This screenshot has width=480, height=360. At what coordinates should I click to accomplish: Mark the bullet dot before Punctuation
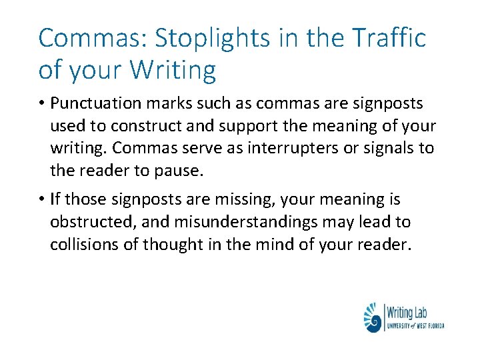(41, 105)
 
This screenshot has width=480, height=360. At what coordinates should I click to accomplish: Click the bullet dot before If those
(41, 199)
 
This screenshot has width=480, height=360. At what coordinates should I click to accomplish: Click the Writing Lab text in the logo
(408, 312)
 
